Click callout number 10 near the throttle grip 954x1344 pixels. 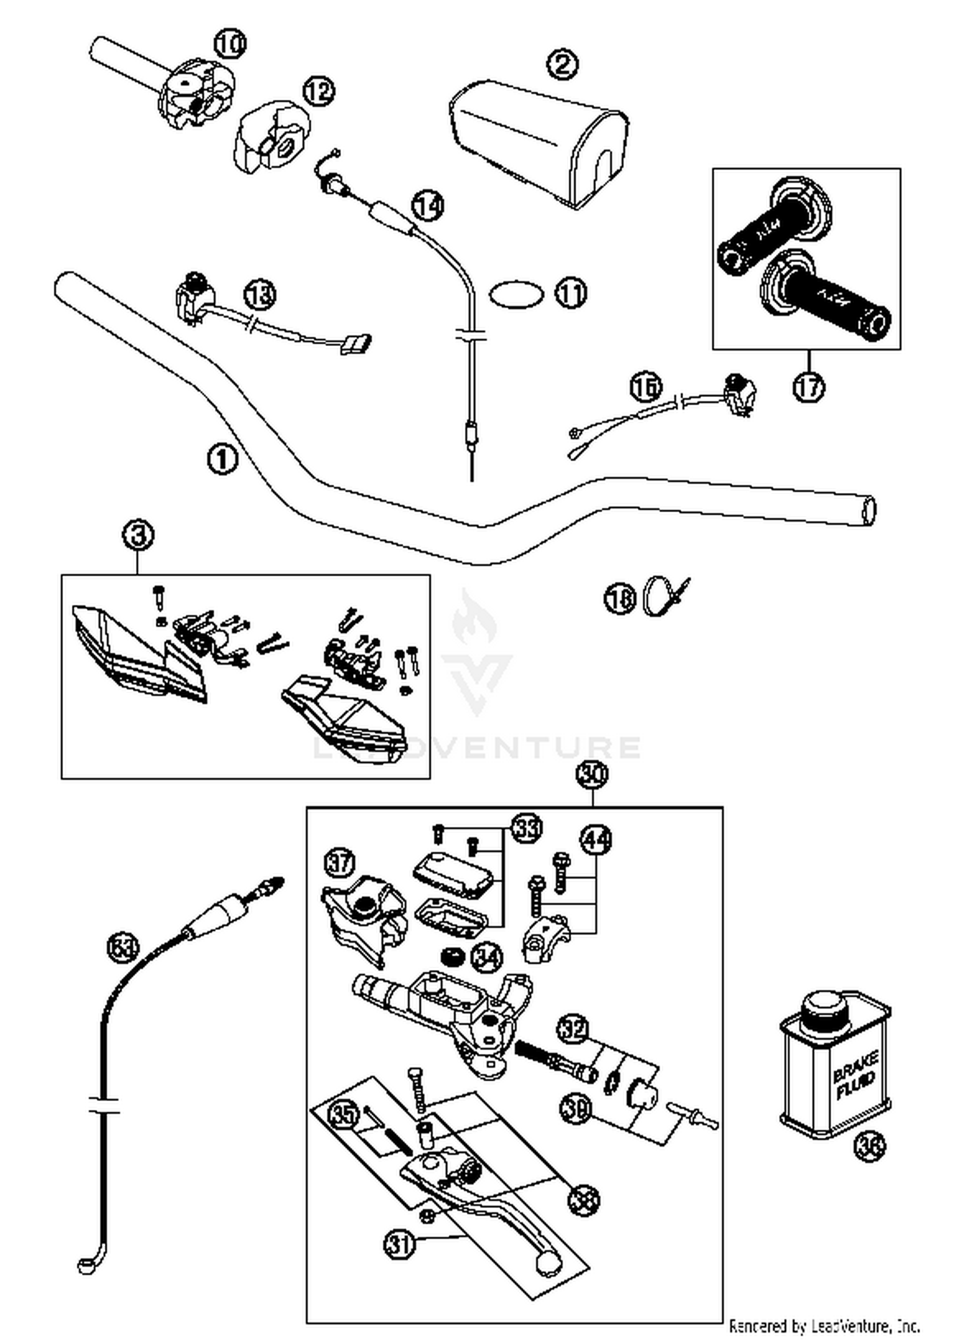[229, 44]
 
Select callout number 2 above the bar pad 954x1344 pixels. [563, 64]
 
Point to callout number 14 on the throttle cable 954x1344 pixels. [428, 205]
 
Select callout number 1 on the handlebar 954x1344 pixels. [223, 459]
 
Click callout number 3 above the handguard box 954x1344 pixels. [139, 536]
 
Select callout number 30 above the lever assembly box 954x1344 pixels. [592, 775]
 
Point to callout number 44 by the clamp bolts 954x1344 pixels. [596, 840]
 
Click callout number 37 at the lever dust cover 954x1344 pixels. [340, 863]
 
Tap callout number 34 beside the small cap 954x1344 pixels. [487, 956]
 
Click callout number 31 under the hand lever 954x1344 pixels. [400, 1244]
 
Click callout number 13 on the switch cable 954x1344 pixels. [260, 294]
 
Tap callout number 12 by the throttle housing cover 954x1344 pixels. [319, 92]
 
